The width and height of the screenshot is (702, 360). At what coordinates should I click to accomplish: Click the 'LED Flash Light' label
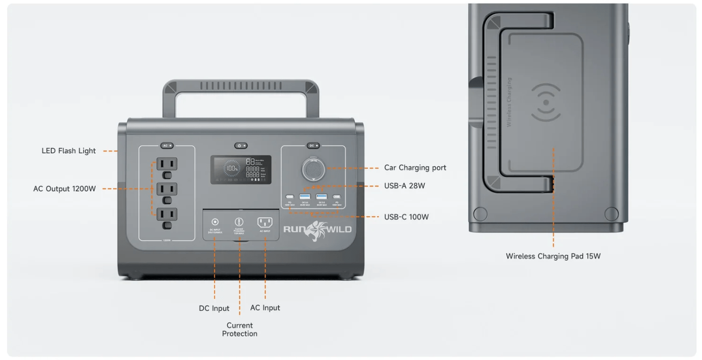69,151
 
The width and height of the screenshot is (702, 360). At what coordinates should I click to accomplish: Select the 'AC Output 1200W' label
65,189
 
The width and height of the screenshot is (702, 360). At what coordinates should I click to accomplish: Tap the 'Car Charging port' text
415,168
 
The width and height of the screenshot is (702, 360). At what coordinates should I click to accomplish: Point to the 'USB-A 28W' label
404,186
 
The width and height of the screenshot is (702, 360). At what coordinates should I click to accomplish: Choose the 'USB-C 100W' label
406,217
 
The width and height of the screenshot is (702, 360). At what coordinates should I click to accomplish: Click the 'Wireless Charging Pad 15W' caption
553,256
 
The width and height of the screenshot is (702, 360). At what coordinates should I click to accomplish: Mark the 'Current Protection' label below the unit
239,329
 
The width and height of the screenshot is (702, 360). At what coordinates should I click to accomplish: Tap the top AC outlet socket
167,164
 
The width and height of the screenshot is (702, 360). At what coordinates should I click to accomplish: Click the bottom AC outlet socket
167,214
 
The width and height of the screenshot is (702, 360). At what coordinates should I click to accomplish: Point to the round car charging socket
313,169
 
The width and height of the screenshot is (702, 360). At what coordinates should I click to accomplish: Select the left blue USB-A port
305,197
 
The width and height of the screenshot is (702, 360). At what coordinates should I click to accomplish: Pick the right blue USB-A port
321,197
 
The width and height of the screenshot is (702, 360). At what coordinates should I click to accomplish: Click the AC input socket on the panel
265,222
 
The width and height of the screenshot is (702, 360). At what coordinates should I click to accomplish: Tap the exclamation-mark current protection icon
239,221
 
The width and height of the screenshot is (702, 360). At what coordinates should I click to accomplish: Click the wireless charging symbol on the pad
546,102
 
